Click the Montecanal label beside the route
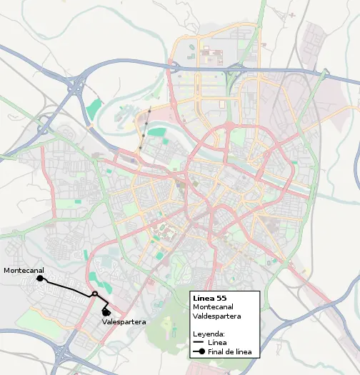pyautogui.click(x=24, y=271)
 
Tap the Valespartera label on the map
pyautogui.click(x=124, y=322)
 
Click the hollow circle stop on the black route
pyautogui.click(x=94, y=294)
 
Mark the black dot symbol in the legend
pyautogui.click(x=201, y=352)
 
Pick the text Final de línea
pyautogui.click(x=229, y=352)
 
